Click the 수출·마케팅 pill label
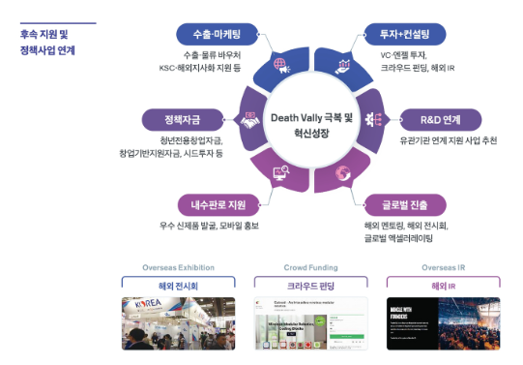point(213,35)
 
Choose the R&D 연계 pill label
point(440,120)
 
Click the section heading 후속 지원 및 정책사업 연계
point(48,41)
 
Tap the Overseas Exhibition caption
point(178,266)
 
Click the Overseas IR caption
point(444,266)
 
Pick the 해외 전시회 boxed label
point(178,286)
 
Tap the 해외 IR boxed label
point(444,286)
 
